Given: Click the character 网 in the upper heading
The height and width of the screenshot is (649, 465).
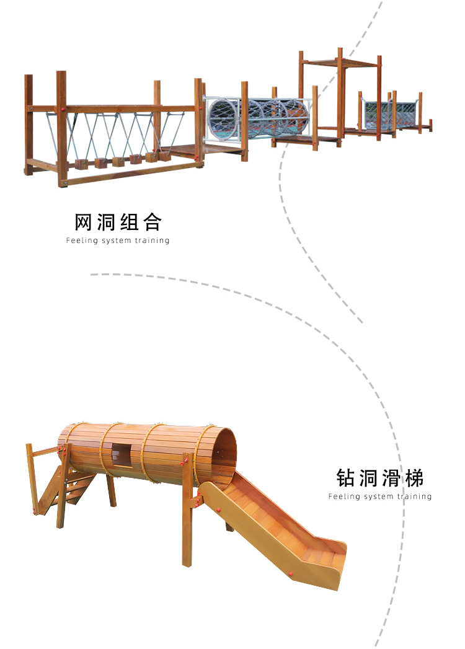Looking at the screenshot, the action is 84,222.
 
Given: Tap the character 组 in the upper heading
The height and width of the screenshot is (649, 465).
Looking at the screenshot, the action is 129,222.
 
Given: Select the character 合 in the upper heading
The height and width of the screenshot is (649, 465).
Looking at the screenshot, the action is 151,222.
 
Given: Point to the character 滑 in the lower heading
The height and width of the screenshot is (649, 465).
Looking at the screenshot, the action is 391,478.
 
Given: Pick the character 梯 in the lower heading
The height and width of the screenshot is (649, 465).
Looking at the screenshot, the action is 414,478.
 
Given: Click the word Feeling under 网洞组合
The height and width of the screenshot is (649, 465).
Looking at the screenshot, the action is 82,241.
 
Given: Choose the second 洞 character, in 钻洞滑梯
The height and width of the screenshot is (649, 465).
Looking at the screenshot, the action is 368,478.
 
